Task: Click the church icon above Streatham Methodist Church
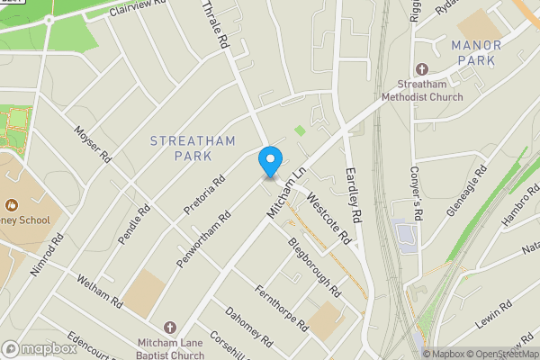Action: pyautogui.click(x=422, y=70)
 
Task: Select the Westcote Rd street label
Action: pyautogui.click(x=328, y=217)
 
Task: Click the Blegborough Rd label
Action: pyautogui.click(x=313, y=268)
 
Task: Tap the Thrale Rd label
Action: pyautogui.click(x=213, y=24)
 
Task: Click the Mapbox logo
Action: pyautogui.click(x=39, y=348)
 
